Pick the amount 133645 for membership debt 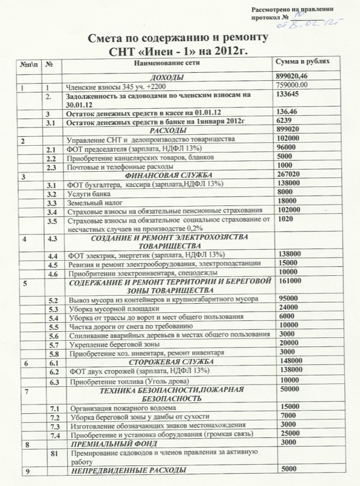click(x=288, y=96)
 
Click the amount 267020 click(x=288, y=175)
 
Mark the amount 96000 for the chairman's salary click(x=287, y=148)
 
